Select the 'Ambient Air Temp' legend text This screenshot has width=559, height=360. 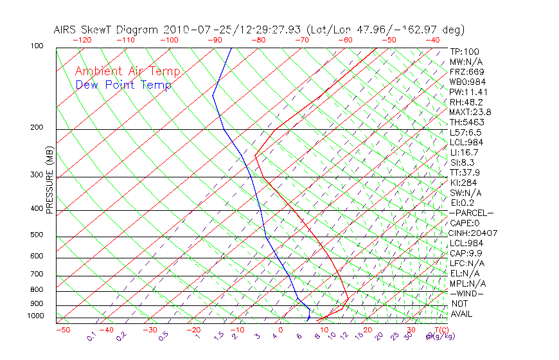coord(127,71)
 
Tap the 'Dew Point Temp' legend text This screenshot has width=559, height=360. coord(123,85)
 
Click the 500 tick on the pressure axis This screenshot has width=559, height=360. coord(37,235)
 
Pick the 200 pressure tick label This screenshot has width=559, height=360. coord(37,128)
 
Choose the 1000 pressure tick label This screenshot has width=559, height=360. coord(35,316)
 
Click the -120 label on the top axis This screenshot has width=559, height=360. coord(82,40)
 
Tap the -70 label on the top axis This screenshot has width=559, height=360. coord(301,40)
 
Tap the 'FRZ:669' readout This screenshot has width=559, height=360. coord(467,71)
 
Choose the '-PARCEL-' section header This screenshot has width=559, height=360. coord(471,213)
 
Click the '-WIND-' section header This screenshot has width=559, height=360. coord(467,293)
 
